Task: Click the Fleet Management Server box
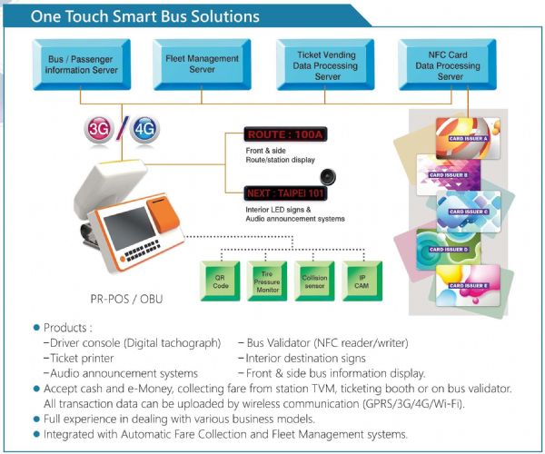pos(189,64)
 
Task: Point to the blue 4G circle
pos(144,128)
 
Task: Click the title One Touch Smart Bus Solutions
pos(145,16)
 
